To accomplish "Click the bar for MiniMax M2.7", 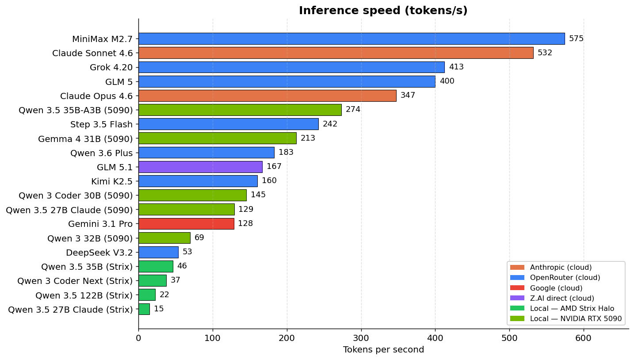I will [x=351, y=38].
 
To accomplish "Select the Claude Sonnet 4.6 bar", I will [x=336, y=53].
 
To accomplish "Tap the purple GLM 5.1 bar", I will [x=200, y=167].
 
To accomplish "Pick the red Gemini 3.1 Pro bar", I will [x=186, y=223].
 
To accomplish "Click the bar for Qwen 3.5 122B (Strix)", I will [x=147, y=295].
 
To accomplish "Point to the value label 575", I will [x=576, y=38].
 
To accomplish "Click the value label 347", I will [x=408, y=96].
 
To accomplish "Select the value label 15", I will [x=159, y=309].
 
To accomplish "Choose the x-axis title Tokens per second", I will [x=383, y=350].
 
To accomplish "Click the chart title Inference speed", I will [x=383, y=11].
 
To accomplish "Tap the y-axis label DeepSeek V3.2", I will [x=99, y=253].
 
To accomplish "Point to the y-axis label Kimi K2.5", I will [x=112, y=181].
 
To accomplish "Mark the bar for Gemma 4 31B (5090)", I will [x=217, y=138].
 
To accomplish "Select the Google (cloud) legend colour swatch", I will [x=517, y=288].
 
